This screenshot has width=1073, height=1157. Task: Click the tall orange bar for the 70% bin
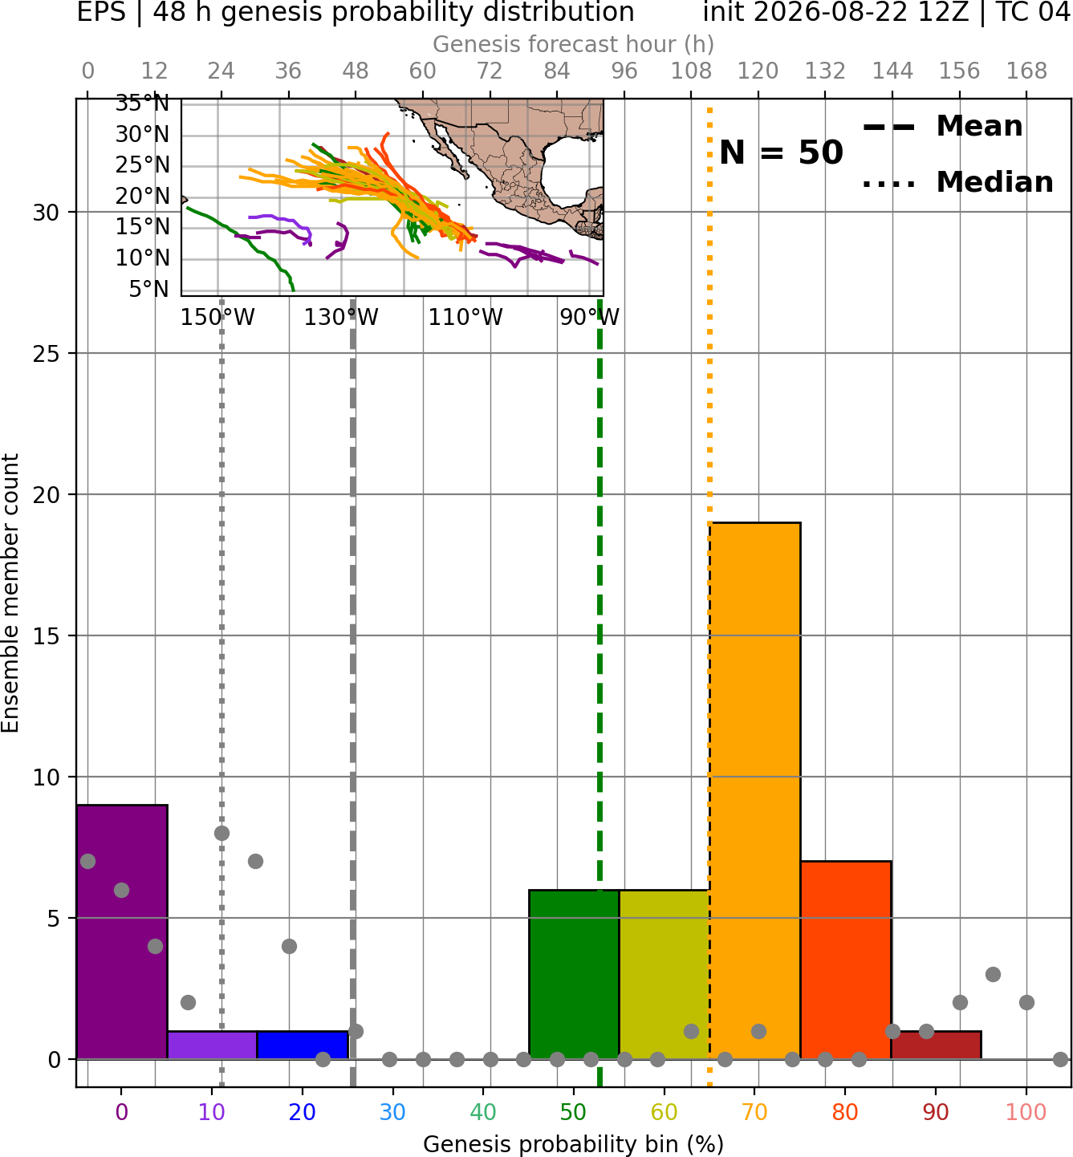tap(754, 790)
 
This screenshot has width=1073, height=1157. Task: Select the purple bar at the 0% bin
tap(122, 932)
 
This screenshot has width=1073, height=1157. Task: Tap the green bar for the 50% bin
tap(574, 974)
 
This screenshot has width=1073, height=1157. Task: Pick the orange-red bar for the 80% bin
tap(846, 960)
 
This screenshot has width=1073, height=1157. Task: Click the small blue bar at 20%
tap(303, 1045)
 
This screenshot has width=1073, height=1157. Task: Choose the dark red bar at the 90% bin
tap(936, 1045)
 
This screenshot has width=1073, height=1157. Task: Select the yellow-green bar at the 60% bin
tap(665, 974)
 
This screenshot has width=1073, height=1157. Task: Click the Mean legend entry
tap(942, 127)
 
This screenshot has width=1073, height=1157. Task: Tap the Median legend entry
tap(958, 182)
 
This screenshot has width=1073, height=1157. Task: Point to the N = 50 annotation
tap(781, 152)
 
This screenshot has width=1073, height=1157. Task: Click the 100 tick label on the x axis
tap(1026, 1112)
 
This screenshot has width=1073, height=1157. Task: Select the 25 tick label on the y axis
tap(46, 354)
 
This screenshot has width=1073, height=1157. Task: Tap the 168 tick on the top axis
tap(1026, 71)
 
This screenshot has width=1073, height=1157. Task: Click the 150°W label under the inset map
tap(217, 318)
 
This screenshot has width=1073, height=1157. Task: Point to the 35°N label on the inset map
tap(142, 104)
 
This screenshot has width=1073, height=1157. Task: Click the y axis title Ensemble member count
tap(10, 593)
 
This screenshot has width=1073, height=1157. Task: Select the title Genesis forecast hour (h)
tap(574, 44)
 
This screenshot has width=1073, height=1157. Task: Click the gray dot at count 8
tap(222, 834)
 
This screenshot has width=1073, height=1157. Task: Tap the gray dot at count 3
tap(994, 975)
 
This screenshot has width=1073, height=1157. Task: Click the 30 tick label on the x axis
tap(392, 1112)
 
